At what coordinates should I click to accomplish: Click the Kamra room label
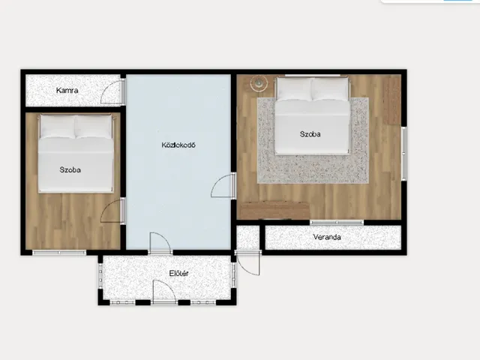point(67,90)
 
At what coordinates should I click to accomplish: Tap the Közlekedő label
point(178,145)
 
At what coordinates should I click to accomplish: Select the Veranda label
point(327,237)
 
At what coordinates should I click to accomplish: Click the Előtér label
point(178,273)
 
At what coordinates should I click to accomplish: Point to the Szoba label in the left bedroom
point(70,170)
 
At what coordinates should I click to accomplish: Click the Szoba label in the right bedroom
point(310,134)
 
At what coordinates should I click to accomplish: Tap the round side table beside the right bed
point(259,82)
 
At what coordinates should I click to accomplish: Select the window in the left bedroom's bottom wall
point(59,253)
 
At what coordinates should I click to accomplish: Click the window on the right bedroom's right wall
point(404,153)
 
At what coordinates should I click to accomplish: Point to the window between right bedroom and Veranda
point(337,223)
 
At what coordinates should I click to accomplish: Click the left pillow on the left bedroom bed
point(58,127)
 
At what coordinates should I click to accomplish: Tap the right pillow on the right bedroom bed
point(330,89)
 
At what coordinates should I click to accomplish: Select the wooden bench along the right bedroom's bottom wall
point(274,210)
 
